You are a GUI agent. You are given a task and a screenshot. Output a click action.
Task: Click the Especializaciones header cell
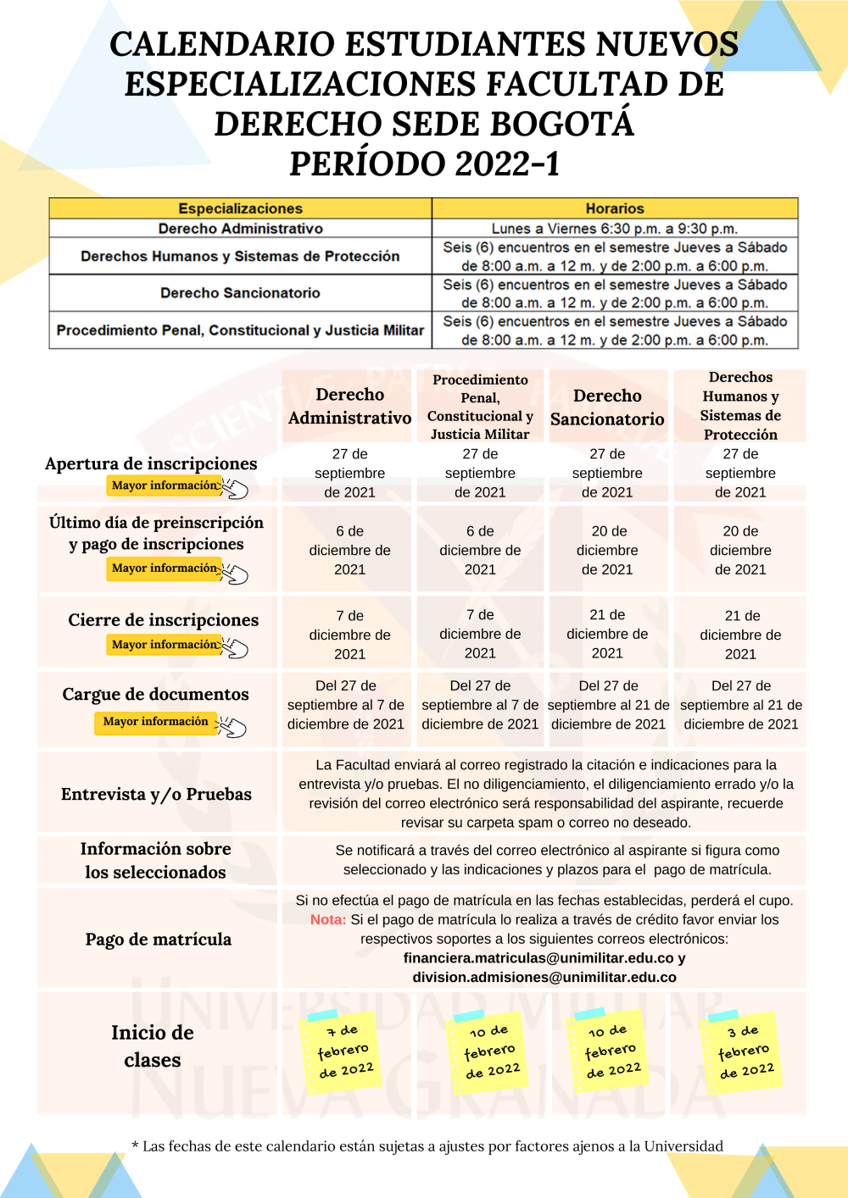click(240, 208)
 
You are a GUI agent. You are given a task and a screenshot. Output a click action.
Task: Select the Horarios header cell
click(615, 208)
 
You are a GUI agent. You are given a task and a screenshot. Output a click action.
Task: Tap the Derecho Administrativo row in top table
click(240, 229)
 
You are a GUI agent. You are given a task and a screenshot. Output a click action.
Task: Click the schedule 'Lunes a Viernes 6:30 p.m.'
click(615, 229)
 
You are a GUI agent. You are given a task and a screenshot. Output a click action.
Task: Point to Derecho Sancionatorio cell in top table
click(240, 293)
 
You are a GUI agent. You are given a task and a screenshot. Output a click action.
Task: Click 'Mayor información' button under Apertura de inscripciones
click(165, 485)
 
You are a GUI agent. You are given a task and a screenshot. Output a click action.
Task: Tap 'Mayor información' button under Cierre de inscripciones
click(165, 645)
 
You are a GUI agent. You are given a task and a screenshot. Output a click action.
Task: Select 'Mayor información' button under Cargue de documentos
click(155, 722)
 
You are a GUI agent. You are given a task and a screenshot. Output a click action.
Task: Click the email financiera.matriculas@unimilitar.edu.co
click(538, 958)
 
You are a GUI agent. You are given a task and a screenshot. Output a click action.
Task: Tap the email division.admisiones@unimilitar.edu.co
click(544, 978)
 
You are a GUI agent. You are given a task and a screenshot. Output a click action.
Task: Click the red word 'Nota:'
click(328, 920)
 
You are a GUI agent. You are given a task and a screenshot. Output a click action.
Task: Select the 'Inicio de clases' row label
click(153, 1046)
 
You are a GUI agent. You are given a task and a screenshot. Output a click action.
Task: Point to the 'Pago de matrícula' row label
click(158, 940)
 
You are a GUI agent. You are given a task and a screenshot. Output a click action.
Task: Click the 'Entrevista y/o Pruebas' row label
click(156, 795)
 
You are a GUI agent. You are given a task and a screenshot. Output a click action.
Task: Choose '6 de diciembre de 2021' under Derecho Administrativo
click(349, 551)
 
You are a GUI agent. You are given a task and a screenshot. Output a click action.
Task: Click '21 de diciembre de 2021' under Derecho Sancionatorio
click(607, 634)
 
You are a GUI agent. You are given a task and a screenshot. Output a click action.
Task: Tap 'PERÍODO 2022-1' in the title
click(424, 164)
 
